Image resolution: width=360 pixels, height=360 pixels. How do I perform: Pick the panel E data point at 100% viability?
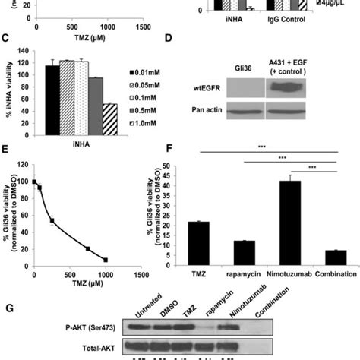pyautogui.click(x=33, y=182)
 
